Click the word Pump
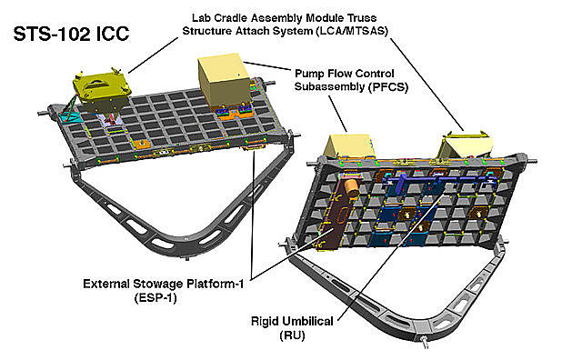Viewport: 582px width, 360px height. pyautogui.click(x=310, y=73)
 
